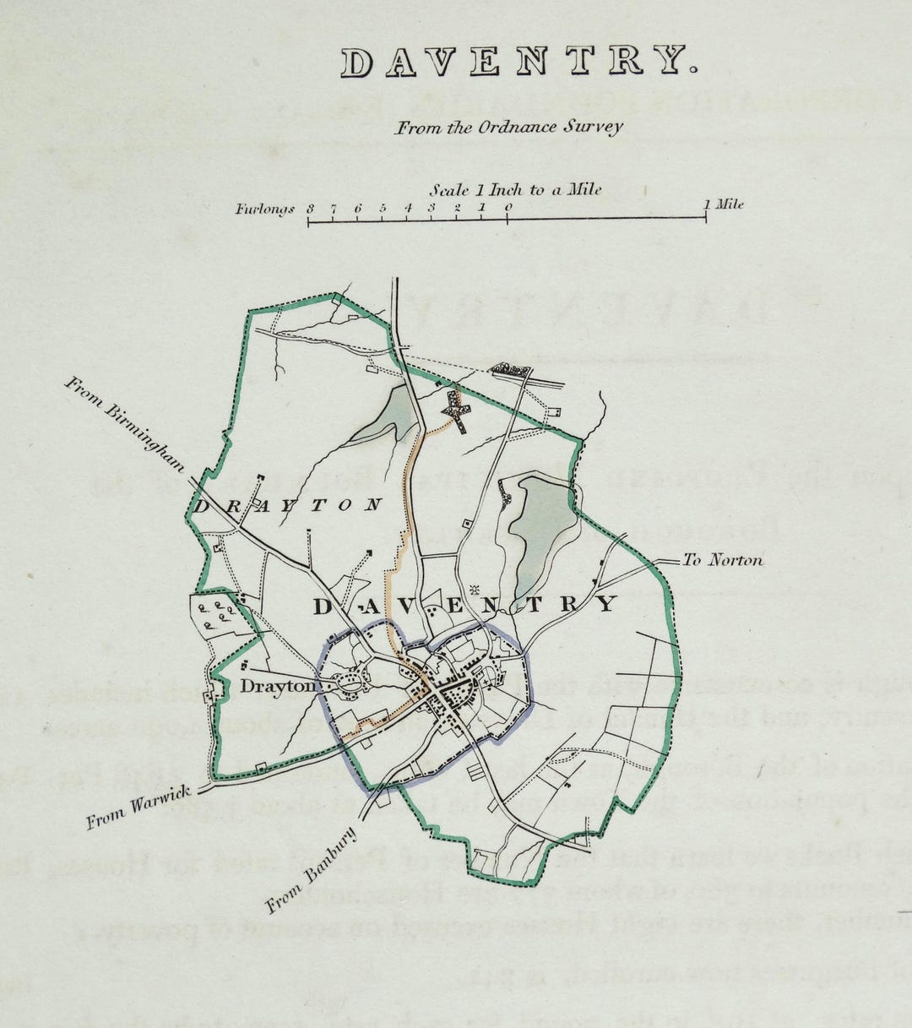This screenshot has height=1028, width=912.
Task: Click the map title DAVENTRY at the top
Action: coord(518,62)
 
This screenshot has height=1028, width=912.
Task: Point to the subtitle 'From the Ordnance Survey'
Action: coord(510,128)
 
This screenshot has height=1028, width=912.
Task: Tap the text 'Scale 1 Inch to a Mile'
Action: coord(515,190)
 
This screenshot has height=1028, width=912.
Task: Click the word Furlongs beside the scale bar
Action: coord(265,209)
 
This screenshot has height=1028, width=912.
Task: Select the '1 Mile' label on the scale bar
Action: coord(724,204)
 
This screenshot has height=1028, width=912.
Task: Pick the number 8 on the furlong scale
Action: coord(311,208)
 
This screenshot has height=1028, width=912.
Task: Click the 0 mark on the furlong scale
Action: coord(508,207)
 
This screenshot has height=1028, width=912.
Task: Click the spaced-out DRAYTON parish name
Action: coord(288,505)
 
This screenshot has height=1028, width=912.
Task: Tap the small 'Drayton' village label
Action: coord(276,687)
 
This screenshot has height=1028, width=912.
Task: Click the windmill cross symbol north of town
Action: coord(457,411)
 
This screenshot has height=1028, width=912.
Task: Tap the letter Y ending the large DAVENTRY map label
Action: coord(605,603)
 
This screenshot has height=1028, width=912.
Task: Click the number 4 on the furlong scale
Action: coord(408,208)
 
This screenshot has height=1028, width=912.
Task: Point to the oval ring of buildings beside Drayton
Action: coord(350,682)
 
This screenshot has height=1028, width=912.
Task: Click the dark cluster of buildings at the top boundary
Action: coord(509,369)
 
